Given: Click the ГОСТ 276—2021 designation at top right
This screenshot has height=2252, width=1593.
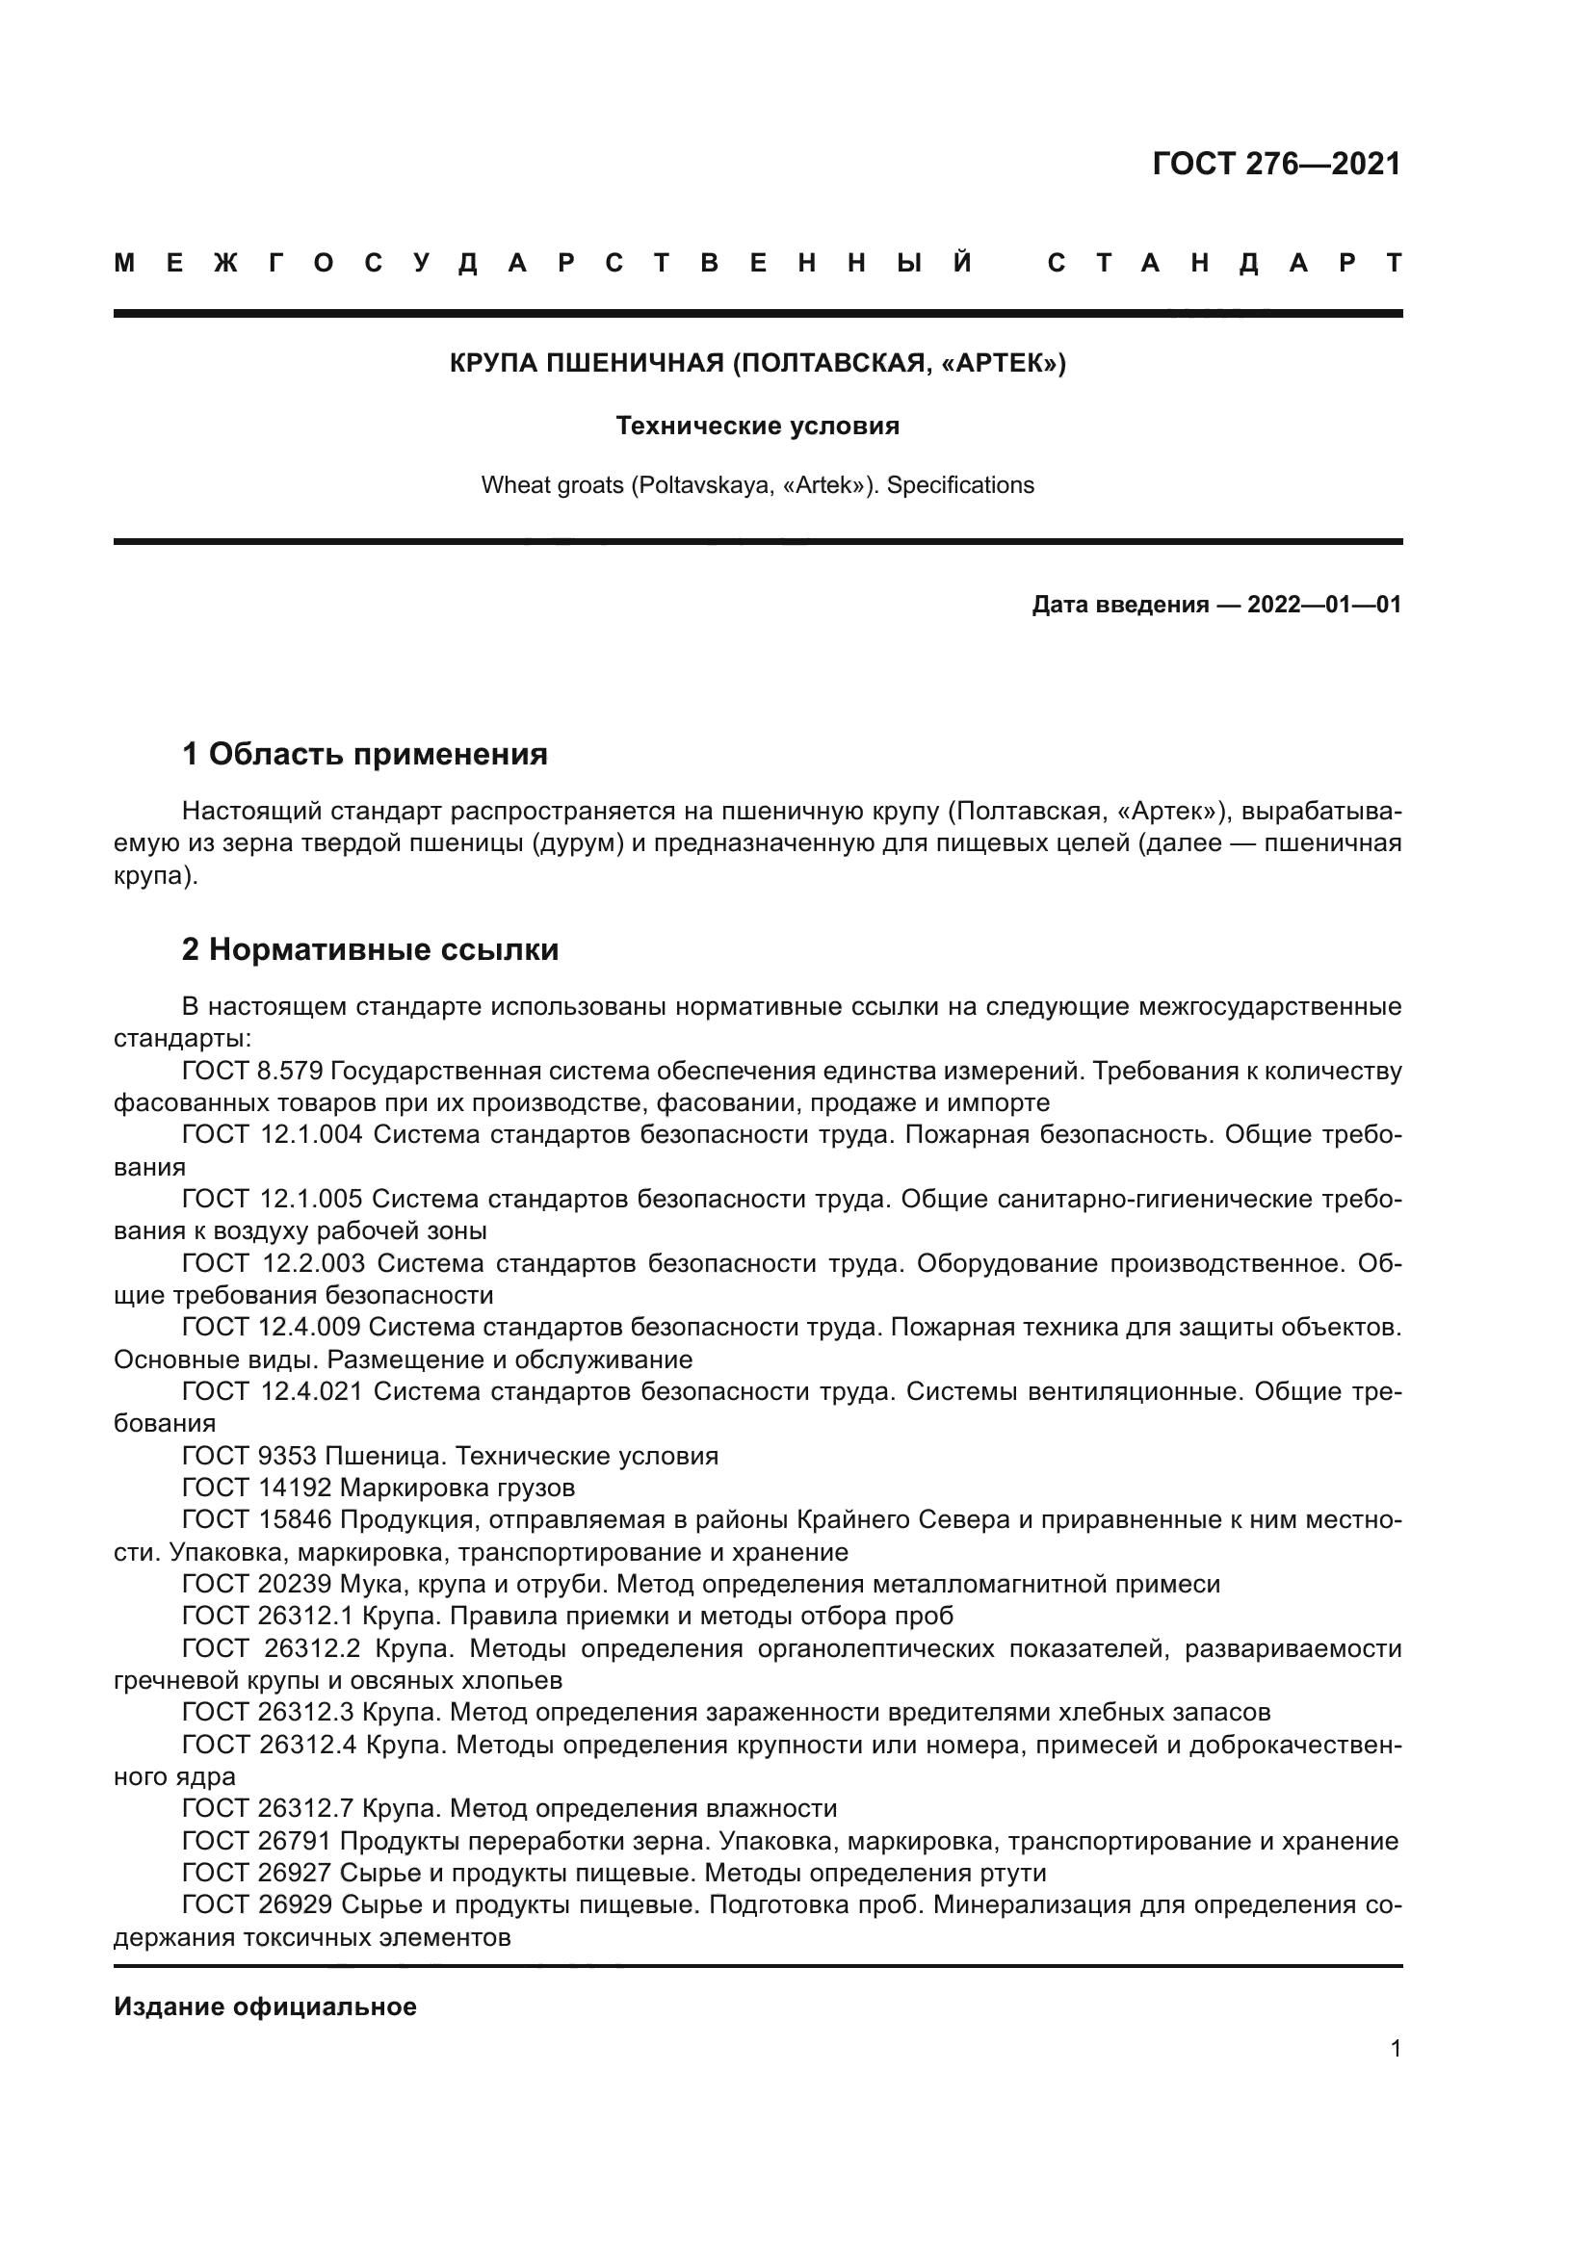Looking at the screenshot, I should [1276, 164].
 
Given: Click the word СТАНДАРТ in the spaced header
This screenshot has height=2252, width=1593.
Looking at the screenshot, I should [1224, 263].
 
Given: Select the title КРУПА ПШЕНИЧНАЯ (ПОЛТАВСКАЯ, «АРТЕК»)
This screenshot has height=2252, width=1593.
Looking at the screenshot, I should [757, 363].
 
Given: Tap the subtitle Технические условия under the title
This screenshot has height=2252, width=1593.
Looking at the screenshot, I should [757, 426].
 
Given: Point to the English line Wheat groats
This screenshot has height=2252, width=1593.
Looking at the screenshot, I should [757, 484].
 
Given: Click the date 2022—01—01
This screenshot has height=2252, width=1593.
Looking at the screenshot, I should [1324, 605].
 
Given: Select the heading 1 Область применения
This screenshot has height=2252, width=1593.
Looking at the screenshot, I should [364, 754].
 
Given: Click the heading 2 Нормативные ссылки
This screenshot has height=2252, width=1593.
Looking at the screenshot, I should [370, 949].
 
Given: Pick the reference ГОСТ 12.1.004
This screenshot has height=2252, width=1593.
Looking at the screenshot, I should [272, 1135].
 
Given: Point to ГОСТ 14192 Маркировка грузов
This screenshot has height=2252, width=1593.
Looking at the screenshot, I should [378, 1488].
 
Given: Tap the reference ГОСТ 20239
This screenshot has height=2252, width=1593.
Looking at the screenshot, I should [257, 1584].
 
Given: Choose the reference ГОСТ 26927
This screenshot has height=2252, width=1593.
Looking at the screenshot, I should [257, 1873].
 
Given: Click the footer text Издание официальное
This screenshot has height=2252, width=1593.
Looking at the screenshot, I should [265, 2006].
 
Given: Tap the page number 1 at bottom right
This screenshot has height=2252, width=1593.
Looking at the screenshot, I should [1395, 2048].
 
